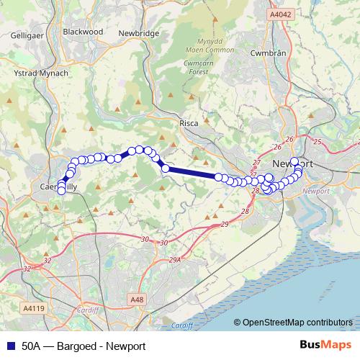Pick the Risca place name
click(x=189, y=124)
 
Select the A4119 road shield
click(x=33, y=307)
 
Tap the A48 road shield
click(x=138, y=299)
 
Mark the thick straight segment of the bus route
click(x=191, y=172)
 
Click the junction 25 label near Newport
click(x=316, y=142)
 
